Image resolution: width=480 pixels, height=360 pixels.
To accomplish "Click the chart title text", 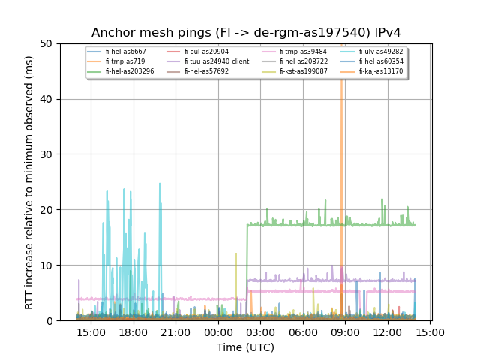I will tap(246, 33).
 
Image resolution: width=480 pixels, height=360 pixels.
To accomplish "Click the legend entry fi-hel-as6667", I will tap(125, 52).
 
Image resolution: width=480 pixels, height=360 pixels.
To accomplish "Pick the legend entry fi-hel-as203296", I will tap(129, 71).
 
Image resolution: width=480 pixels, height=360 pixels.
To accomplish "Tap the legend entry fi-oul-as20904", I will tap(206, 52).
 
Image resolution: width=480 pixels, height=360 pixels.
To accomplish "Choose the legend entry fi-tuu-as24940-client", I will tap(217, 61).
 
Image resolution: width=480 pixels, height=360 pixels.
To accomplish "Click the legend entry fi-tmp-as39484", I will tap(303, 52).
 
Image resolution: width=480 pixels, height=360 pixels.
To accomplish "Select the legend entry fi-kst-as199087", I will tap(304, 71).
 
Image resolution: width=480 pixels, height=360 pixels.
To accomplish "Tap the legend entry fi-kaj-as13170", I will tap(381, 71).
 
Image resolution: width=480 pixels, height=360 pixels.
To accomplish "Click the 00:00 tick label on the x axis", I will tap(218, 331).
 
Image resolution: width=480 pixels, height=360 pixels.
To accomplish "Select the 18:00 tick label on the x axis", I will tap(133, 331).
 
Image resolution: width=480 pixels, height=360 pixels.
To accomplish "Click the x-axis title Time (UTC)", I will tap(246, 347).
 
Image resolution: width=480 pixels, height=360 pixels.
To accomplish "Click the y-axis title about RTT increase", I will tap(29, 182).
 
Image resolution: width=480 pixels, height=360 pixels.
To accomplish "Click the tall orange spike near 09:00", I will tap(341, 150).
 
